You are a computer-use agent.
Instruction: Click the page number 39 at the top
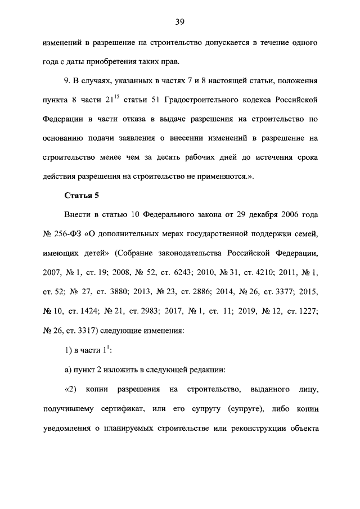pyautogui.click(x=180, y=22)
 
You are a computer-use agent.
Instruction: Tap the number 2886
pyautogui.click(x=209, y=291)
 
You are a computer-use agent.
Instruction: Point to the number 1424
pyautogui.click(x=89, y=310)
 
